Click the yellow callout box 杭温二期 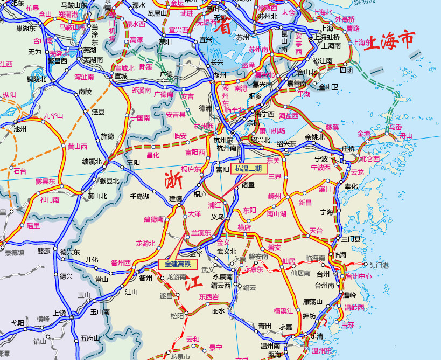point(248,168)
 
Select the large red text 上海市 point(390,41)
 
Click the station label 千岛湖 point(140,197)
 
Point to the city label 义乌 point(217,217)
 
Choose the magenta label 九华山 point(53,115)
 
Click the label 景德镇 point(15,252)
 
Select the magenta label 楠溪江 point(283,310)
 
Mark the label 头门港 point(379,265)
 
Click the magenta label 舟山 point(405,136)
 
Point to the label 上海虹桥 point(327,37)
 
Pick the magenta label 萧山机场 point(272,130)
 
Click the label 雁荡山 point(312,301)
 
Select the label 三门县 point(351,239)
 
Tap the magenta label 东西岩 point(209,296)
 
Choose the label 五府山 point(90,338)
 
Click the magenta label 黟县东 point(46,181)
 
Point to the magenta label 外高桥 point(345,19)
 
